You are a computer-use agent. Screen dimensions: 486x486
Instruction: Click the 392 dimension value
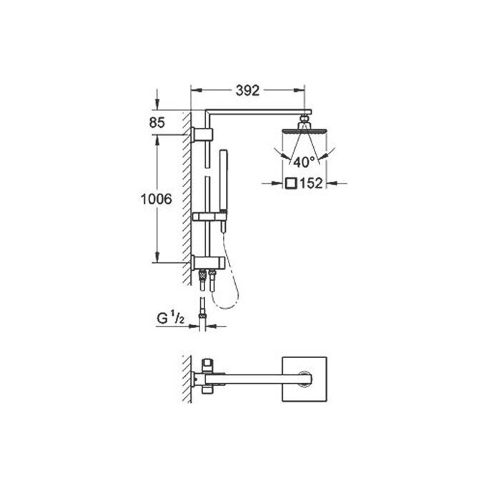click(246, 90)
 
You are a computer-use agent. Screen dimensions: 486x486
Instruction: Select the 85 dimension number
click(157, 122)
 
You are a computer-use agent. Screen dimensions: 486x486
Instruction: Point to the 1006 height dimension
click(155, 200)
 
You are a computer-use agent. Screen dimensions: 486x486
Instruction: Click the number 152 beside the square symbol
click(312, 184)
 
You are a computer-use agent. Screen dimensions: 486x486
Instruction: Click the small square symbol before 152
click(291, 184)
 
